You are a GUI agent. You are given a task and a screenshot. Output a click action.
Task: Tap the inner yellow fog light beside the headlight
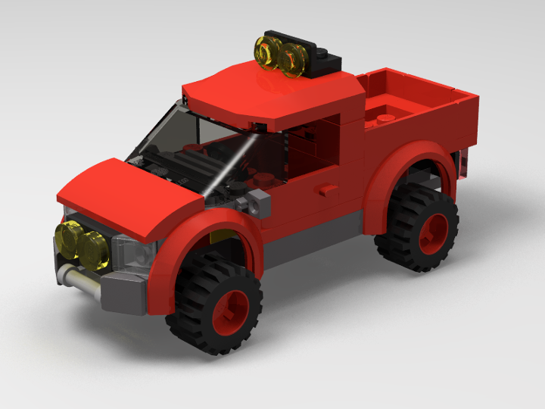coord(95,250)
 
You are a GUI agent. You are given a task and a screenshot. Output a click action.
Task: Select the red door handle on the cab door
coord(326,189)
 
